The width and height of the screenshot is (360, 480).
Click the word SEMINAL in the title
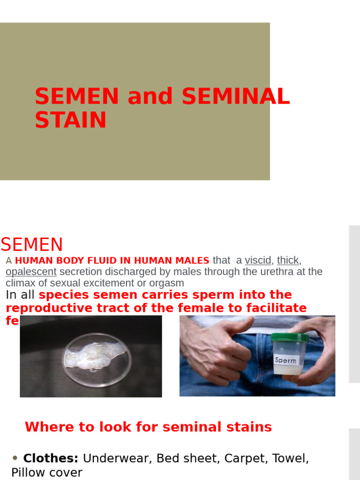click(x=235, y=97)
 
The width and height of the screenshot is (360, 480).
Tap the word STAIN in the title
click(x=70, y=120)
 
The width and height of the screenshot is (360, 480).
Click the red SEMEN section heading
click(x=32, y=245)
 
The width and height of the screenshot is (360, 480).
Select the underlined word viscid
click(x=258, y=261)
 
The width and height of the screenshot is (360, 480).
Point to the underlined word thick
click(x=288, y=261)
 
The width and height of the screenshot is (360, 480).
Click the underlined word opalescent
click(x=31, y=272)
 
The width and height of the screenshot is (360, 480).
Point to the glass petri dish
click(x=97, y=359)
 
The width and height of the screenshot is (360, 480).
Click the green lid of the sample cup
click(x=290, y=337)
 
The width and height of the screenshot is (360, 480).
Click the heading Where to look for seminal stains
click(x=148, y=427)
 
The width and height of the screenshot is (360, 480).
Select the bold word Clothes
click(x=51, y=458)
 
